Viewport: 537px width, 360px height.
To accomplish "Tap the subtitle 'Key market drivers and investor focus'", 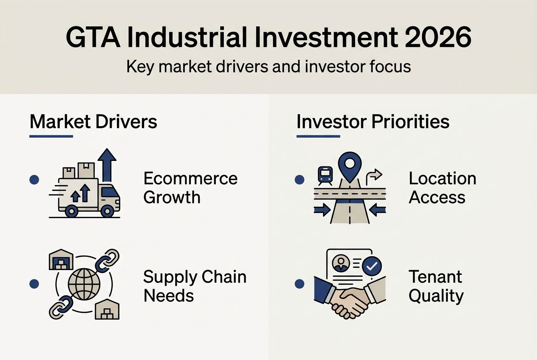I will pos(268,67).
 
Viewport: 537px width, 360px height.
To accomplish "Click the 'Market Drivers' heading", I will pos(93,121).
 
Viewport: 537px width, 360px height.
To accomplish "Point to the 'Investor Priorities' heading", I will pos(373,121).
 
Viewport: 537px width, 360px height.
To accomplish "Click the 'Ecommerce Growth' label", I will pos(190,188).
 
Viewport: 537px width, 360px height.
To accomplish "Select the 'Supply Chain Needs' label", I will pos(195,286).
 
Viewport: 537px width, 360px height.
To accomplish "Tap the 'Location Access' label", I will pos(442,188).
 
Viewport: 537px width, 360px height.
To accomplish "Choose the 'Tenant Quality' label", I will pos(436,286).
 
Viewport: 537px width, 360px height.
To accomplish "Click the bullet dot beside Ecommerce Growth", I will pos(34,180).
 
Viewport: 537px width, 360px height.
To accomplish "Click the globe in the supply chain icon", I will pos(84,284).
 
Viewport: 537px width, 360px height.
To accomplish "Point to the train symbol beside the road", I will pos(325,174).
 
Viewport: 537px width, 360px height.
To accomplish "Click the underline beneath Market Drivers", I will pos(51,136).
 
